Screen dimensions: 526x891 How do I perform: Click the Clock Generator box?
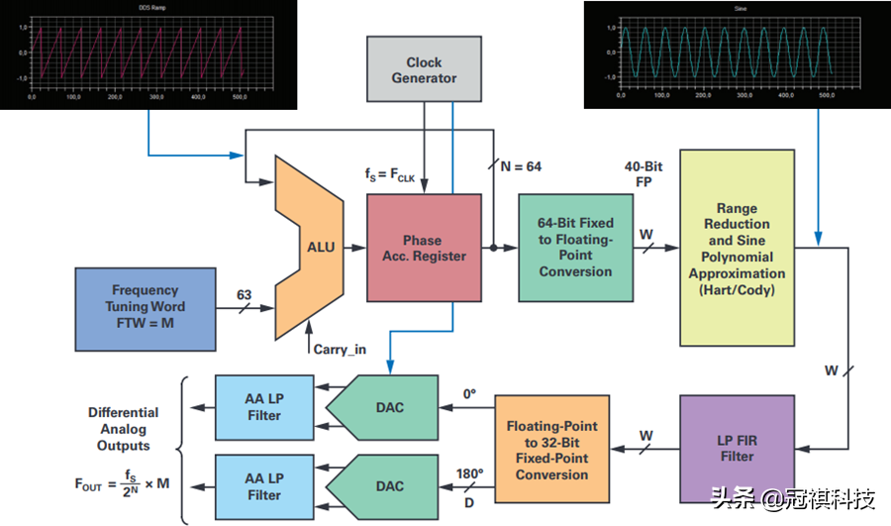[424, 69]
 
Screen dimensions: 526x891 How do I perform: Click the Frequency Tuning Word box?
[145, 307]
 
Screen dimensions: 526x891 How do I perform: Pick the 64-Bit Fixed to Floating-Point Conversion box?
[576, 248]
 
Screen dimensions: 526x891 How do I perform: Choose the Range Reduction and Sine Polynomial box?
[737, 247]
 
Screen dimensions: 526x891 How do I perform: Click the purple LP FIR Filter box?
[737, 448]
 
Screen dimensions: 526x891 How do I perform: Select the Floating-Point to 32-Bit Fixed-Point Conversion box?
[551, 451]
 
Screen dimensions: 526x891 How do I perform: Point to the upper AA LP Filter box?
[264, 407]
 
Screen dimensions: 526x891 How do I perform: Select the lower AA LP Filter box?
[264, 486]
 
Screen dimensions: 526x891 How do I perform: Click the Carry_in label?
[341, 348]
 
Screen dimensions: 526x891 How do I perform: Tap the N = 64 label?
[520, 166]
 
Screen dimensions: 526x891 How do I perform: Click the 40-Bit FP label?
[643, 173]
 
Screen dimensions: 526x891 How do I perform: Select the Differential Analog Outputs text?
[123, 428]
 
